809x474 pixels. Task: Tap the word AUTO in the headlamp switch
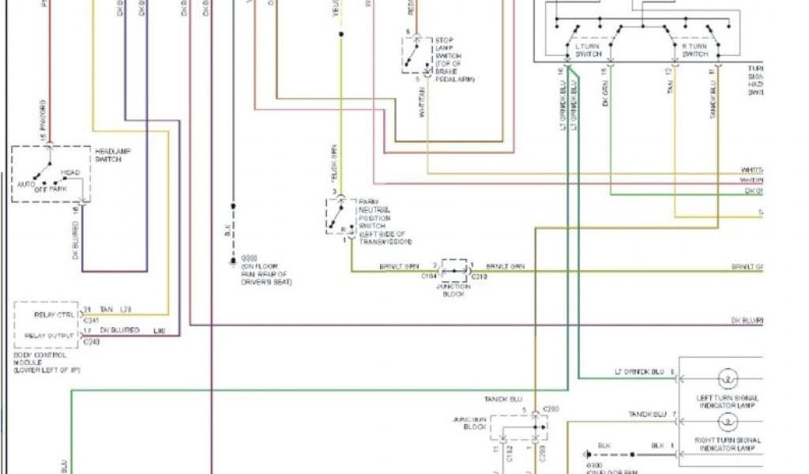coord(26,184)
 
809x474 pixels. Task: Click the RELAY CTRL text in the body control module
coord(55,314)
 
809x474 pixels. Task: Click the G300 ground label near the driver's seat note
coord(250,259)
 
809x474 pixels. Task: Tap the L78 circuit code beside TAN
coord(126,309)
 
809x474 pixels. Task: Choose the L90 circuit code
coord(158,329)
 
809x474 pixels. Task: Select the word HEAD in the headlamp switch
coord(70,172)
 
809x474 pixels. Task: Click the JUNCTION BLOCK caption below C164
coord(454,291)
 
